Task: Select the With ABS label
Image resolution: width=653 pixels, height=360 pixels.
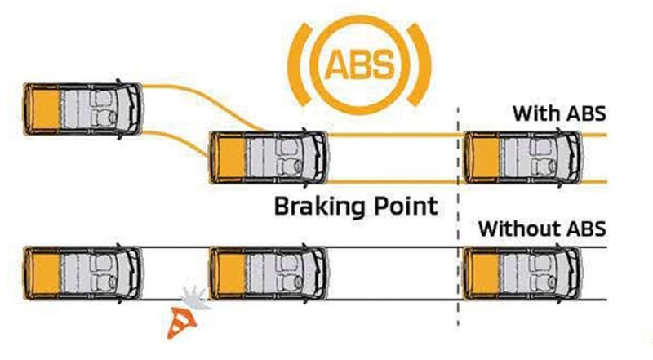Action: tap(559, 113)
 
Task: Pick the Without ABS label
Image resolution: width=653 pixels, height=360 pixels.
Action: tap(543, 228)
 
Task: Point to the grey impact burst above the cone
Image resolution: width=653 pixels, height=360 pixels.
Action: tap(194, 297)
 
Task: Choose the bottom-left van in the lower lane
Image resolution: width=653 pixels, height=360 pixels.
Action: tap(83, 271)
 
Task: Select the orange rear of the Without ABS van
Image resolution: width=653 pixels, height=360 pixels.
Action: tap(480, 271)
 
